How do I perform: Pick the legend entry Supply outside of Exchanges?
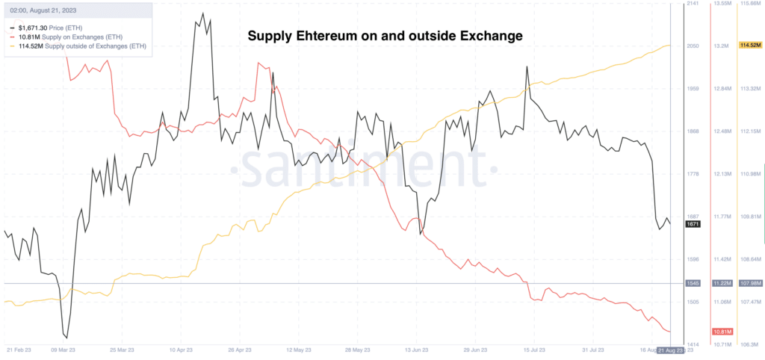pos(82,46)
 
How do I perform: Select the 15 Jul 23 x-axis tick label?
pos(532,350)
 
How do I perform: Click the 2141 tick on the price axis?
pos(693,4)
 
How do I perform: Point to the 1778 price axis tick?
pos(693,174)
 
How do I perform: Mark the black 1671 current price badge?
pos(693,223)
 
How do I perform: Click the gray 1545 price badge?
pos(693,283)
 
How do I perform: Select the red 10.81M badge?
pos(722,332)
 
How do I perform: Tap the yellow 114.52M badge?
pos(749,46)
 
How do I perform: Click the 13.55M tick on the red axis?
pos(722,4)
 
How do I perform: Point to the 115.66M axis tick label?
pos(749,4)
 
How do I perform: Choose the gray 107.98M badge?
pos(749,283)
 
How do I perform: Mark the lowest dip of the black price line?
pos(66,338)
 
